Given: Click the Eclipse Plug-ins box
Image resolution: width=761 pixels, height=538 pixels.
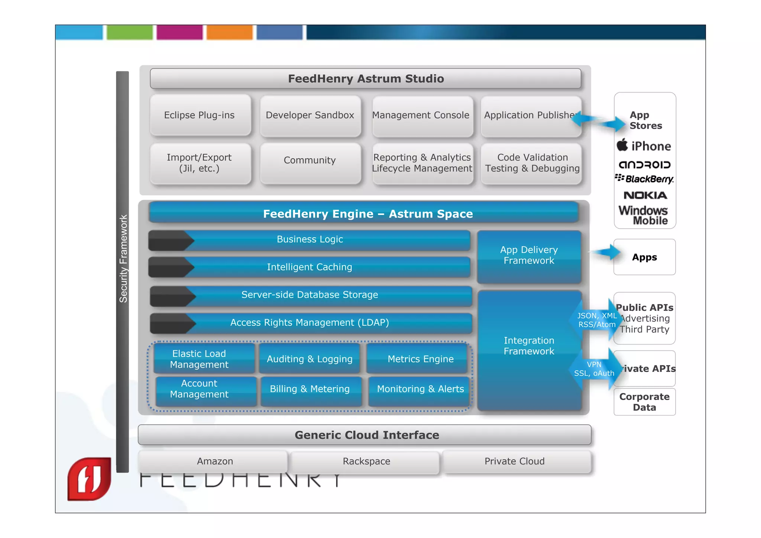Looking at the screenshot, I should point(200,115).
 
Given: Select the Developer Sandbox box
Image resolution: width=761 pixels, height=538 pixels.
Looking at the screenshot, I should point(310,115).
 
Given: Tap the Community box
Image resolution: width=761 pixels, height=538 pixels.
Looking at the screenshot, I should point(310,161).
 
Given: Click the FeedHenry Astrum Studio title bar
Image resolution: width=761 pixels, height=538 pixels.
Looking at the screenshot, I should point(366,78).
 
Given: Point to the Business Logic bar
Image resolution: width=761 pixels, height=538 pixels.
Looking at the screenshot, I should point(310,239).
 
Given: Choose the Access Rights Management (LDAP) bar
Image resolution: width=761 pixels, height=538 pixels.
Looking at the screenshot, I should point(310,323).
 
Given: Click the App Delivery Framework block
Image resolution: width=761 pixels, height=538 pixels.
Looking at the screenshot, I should point(529,255).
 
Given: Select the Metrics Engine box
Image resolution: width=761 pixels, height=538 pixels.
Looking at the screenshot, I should point(420,359).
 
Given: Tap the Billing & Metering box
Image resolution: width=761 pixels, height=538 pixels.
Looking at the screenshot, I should point(310,389).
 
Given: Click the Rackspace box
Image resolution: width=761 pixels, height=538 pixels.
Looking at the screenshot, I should point(366,461).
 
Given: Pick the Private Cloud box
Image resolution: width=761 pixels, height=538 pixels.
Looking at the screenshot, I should point(515,461).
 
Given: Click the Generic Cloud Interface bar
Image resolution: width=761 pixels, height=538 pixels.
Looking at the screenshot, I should point(366,435).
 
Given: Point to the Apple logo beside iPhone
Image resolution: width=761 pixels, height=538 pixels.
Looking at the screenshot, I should point(622,145).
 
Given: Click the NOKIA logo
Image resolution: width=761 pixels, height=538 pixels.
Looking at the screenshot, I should point(645,196).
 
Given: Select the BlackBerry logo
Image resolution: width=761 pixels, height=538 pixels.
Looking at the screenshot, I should point(645,179).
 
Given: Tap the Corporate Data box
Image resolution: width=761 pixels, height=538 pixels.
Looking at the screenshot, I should point(644,402).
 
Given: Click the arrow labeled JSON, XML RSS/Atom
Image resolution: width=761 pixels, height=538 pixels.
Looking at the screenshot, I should point(596,320).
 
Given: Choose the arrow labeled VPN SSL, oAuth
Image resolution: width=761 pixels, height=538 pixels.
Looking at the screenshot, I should point(595,369).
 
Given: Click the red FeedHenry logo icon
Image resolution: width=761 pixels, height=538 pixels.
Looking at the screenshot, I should point(90,479).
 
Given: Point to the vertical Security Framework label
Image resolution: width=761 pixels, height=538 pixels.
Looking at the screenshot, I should point(123,258).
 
